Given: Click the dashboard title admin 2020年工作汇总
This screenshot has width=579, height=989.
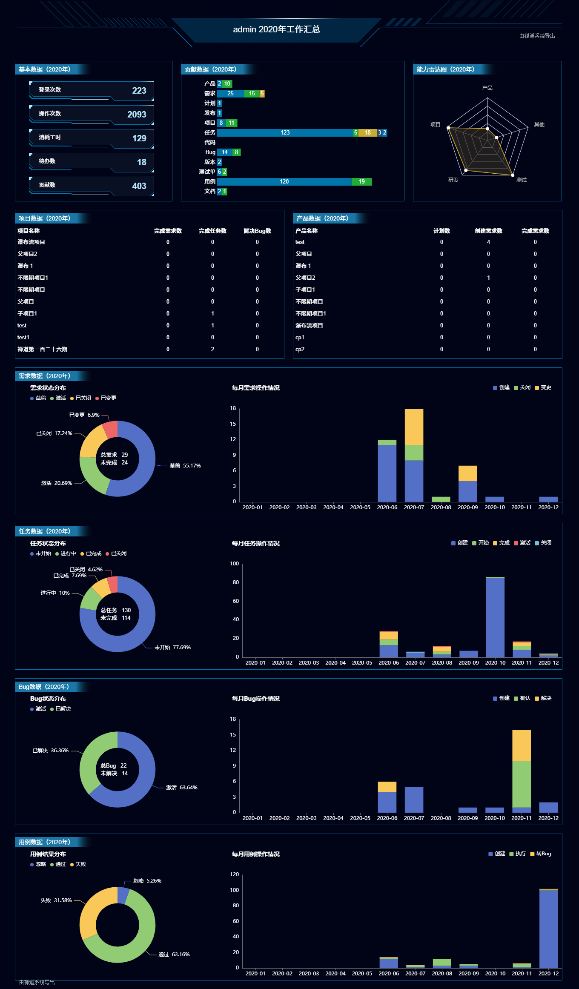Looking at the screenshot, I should [x=276, y=29].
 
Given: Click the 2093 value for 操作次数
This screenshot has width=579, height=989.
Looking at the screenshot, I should [x=137, y=115].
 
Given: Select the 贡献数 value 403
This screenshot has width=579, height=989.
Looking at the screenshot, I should [x=139, y=186].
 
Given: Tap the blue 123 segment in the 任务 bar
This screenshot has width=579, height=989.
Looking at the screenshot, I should [x=285, y=133].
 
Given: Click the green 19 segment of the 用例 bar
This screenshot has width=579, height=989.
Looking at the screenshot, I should [x=361, y=182].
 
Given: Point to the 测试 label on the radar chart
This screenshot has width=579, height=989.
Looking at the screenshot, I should [x=522, y=180].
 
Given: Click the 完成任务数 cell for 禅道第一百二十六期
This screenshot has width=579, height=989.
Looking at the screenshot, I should [x=212, y=349].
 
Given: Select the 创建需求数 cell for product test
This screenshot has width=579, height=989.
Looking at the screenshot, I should [x=488, y=242].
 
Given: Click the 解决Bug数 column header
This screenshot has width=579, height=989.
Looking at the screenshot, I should [x=257, y=231].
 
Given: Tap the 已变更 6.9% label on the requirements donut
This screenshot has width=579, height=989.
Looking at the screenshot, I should [x=84, y=415].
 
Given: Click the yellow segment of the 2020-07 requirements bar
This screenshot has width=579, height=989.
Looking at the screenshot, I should [x=414, y=427].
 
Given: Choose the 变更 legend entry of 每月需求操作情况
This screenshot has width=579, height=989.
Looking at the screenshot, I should [x=543, y=387].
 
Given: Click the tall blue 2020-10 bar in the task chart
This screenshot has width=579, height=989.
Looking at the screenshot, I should [x=495, y=617].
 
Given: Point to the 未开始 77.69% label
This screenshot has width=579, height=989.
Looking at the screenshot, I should [x=172, y=647].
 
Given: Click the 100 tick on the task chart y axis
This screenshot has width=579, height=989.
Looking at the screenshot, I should [x=235, y=564].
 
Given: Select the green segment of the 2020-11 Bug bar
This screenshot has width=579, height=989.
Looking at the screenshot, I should [x=522, y=784].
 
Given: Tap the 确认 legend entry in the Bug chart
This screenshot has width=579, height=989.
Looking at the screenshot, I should [x=522, y=698].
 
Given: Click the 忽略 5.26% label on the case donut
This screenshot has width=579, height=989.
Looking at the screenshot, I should [x=147, y=880].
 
